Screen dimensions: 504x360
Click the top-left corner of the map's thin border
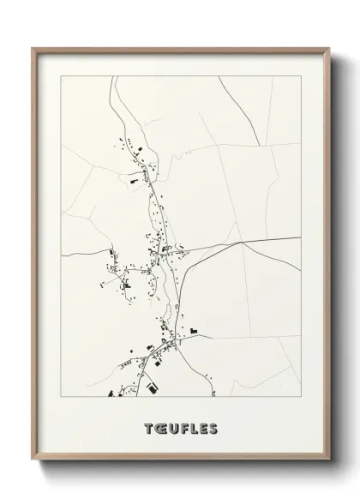pos(61,76)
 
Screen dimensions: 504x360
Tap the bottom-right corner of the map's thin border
pos(300,397)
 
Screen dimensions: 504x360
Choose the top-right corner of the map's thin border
pos(300,76)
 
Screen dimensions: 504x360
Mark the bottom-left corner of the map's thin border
pos(61,397)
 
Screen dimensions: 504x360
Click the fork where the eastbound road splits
pos(243,243)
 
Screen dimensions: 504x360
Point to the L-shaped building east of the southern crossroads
pos(194,330)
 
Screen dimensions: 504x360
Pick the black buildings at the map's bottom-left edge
pos(111,393)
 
